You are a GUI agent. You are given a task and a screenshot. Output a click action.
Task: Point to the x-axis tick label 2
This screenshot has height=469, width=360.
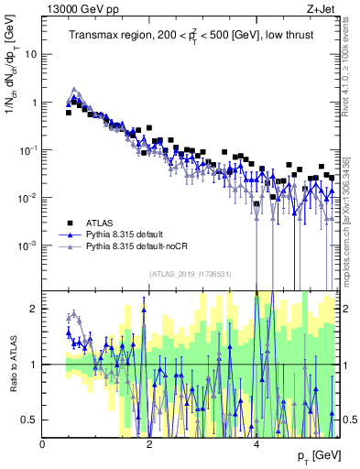point(150,444)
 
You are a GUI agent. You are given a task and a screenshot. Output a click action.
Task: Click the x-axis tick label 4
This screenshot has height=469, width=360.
point(256,444)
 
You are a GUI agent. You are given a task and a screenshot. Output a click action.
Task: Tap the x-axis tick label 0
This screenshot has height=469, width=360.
point(43,444)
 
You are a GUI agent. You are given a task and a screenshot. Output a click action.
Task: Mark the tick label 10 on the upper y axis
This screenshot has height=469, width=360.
point(29,54)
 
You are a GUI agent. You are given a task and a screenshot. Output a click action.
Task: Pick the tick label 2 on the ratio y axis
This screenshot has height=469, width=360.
point(33,309)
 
